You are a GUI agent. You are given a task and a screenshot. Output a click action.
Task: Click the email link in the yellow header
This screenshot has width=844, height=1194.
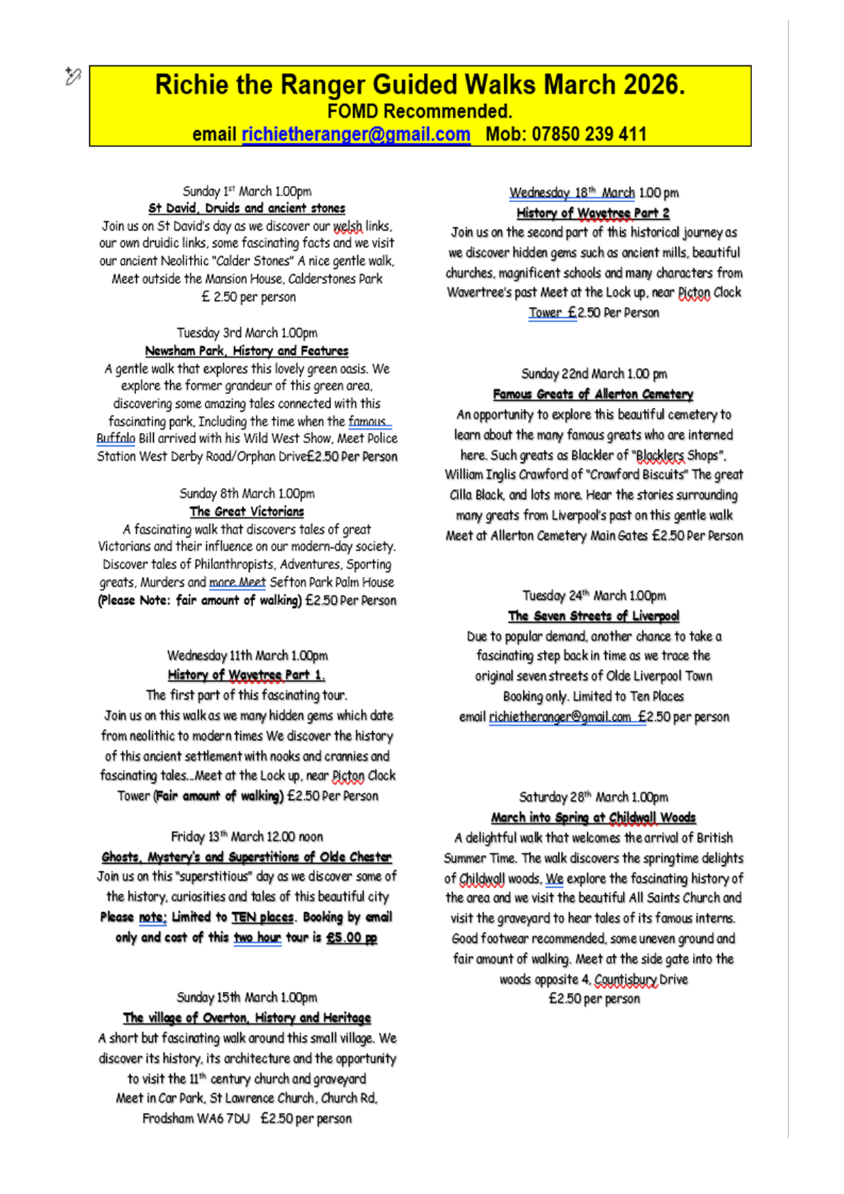click(355, 134)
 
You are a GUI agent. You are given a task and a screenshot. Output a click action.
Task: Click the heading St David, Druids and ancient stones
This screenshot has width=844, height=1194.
click(246, 208)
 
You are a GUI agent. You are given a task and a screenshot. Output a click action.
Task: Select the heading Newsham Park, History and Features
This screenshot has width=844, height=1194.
click(246, 351)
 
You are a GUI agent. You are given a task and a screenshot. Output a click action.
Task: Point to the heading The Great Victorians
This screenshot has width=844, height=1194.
click(246, 511)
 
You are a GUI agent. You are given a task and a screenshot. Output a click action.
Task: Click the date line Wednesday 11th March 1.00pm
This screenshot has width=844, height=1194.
click(247, 656)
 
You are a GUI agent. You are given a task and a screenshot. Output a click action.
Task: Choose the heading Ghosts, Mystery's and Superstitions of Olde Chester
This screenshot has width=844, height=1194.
click(246, 857)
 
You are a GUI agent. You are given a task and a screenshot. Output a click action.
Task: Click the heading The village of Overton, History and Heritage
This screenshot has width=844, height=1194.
click(246, 1018)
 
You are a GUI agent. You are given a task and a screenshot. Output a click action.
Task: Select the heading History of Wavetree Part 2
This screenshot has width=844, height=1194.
click(593, 213)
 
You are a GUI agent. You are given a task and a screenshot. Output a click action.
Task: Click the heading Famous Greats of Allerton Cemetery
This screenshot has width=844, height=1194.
click(593, 394)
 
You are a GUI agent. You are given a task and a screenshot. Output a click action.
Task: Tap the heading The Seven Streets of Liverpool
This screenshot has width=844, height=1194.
click(594, 616)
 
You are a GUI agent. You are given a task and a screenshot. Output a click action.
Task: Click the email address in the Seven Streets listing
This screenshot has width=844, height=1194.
click(559, 717)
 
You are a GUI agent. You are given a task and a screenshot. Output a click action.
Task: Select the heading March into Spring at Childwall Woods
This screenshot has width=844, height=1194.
click(594, 818)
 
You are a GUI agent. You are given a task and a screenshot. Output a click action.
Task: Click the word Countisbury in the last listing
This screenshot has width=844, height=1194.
click(626, 980)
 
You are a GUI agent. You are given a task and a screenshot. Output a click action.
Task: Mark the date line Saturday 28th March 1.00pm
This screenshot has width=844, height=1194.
click(594, 797)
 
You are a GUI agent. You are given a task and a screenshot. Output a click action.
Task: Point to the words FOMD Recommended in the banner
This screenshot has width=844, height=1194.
click(419, 111)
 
